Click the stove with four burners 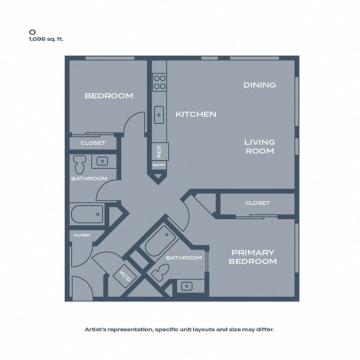pos(159,82)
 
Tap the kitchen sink pos(159,115)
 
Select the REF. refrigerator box pos(160,151)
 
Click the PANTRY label pos(159,165)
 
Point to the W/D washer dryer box pos(125,276)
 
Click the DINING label pos(260,85)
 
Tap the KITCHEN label pos(196,114)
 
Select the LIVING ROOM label pos(260,146)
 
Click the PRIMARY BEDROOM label pos(253,257)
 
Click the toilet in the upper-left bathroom pos(79,165)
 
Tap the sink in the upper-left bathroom pos(102,161)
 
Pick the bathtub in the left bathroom pos(87,214)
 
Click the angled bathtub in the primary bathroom pos(160,240)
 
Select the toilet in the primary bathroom pos(160,272)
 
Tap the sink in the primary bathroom pos(187,286)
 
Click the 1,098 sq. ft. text pos(46,39)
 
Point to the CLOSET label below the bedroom pos(93,143)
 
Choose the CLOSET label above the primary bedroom pos(257,203)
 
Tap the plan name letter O pos(32,32)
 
